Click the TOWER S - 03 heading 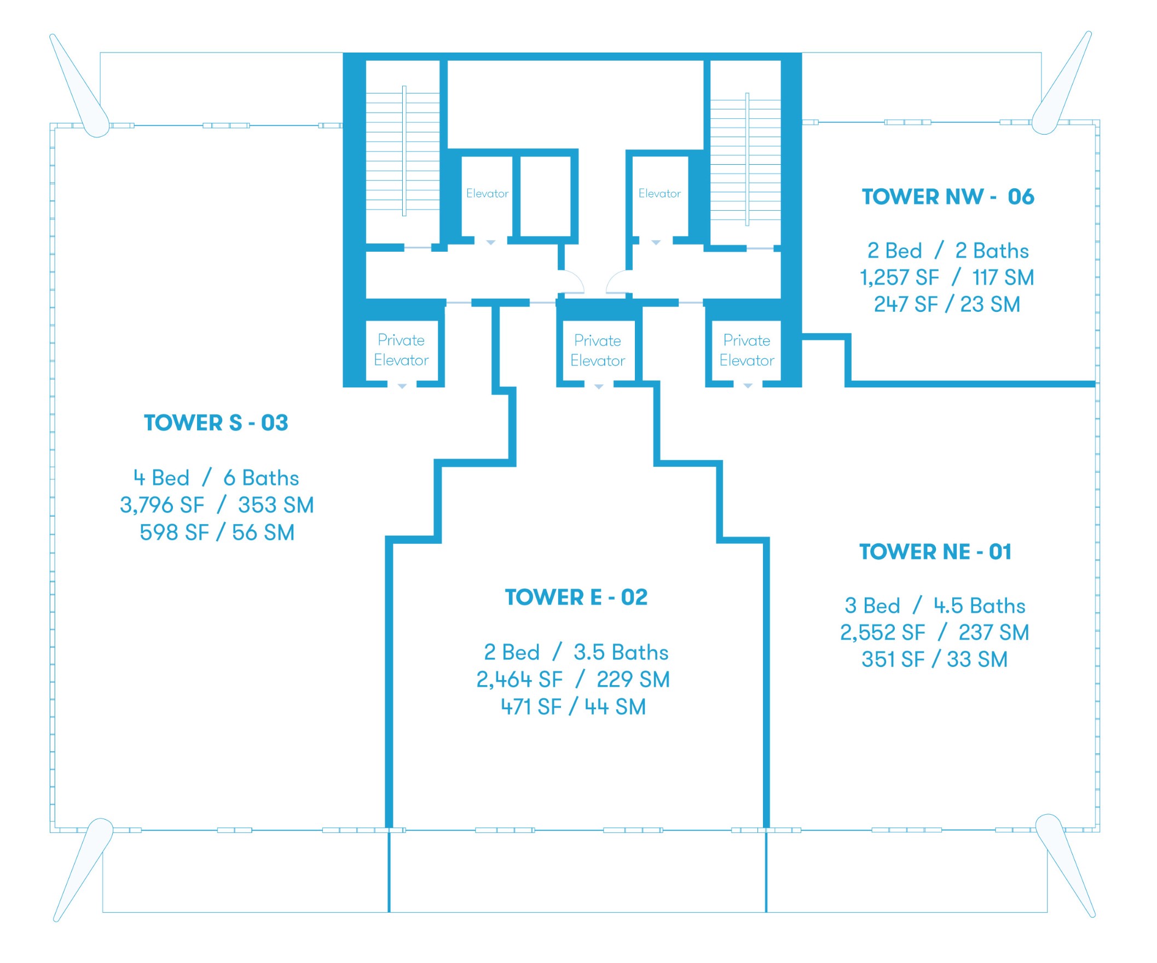216,423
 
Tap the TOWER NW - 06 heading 948,196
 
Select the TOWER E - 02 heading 576,597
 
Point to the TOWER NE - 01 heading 935,552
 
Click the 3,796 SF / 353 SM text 217,505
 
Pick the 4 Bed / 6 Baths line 216,478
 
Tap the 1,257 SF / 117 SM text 947,277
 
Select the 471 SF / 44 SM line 574,707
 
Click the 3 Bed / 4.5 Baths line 935,606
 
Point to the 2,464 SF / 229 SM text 573,679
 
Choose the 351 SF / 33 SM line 934,659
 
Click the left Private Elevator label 401,350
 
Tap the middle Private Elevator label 598,350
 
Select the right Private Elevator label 747,350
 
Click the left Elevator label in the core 488,193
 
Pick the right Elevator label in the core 660,193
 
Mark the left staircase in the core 403,151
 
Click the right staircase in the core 745,159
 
